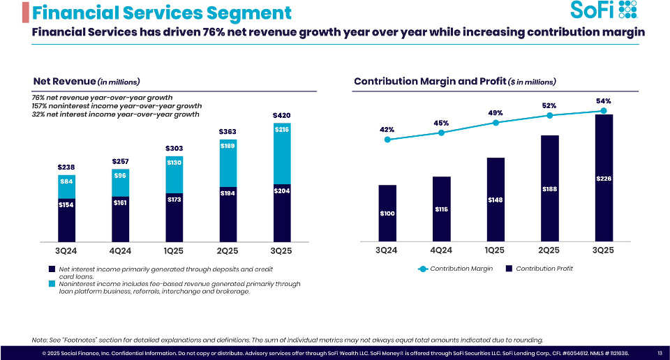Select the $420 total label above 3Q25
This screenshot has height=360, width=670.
282,114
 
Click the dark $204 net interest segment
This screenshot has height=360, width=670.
282,210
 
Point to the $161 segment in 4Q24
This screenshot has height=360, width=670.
121,216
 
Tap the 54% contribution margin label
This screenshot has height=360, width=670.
604,101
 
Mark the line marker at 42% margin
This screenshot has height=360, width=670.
387,140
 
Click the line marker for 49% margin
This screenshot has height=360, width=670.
496,122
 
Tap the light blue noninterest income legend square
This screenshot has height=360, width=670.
51,284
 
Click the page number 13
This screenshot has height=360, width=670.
660,353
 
